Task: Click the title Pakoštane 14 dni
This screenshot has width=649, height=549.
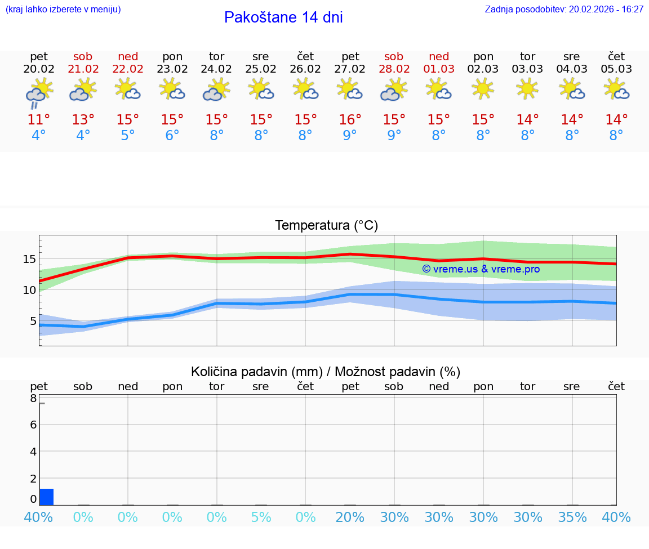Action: tap(283, 17)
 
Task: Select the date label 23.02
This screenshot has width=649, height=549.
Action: tap(172, 69)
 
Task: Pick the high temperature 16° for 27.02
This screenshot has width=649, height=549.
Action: tap(350, 120)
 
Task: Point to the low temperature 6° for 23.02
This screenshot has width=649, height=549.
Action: tap(172, 136)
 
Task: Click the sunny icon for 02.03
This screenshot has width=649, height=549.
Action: tap(483, 89)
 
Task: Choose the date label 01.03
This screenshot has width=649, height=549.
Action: tap(439, 69)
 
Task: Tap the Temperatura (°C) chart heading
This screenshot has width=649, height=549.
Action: tap(326, 226)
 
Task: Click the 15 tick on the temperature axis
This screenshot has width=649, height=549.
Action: tap(29, 260)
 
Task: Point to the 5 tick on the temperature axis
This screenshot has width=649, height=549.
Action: tap(32, 321)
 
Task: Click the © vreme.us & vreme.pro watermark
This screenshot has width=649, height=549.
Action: tap(481, 269)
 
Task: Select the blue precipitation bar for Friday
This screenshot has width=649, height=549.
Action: tap(47, 497)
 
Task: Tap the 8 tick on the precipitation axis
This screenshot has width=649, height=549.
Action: tap(33, 399)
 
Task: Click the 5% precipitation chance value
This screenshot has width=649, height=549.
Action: tap(261, 517)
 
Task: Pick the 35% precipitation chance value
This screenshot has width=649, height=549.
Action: tap(572, 517)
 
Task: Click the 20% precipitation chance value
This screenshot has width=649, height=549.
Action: tap(350, 517)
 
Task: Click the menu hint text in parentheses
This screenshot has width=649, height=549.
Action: tap(63, 10)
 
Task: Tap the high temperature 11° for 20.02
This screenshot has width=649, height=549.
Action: tap(39, 120)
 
